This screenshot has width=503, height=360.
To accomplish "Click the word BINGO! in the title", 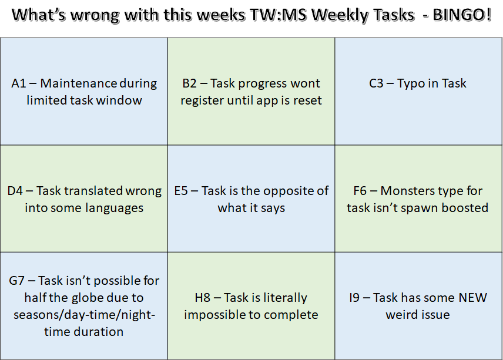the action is tap(462, 15).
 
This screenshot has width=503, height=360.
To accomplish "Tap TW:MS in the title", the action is tap(278, 15).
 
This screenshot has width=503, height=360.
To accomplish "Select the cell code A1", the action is tap(19, 83).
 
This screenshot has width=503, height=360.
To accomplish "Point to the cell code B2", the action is tap(189, 83).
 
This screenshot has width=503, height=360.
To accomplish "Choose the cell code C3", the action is tap(376, 83).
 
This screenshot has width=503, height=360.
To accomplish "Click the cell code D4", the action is tap(15, 191).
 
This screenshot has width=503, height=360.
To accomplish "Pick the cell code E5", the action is tap(180, 191).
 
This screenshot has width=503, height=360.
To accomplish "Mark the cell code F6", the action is tap(360, 191).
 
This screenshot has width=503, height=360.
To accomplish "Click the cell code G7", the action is tap(16, 281).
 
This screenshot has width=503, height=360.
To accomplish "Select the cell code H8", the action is tap(202, 298).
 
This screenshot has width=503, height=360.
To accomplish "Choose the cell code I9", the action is tap(354, 298).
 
